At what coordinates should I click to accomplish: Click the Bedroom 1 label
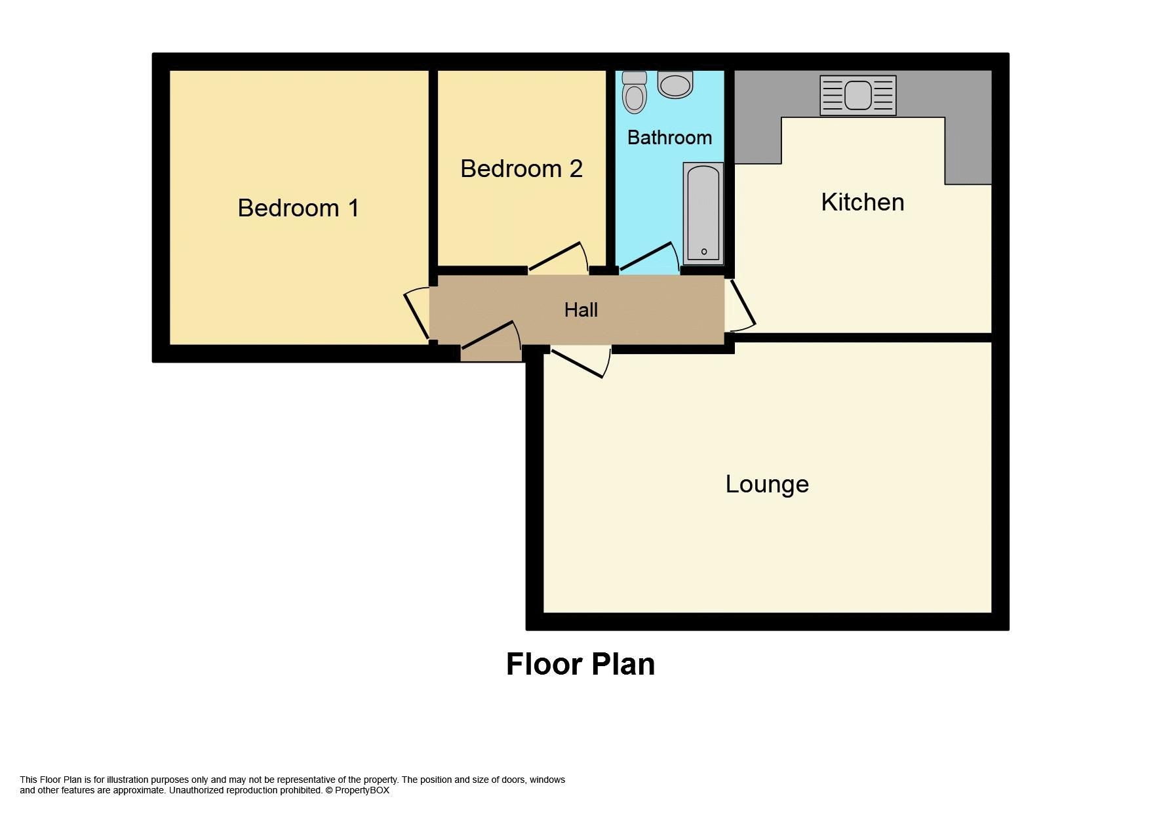[x=298, y=208]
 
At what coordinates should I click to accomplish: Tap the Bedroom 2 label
[x=521, y=169]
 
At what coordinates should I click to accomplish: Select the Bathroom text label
[x=669, y=138]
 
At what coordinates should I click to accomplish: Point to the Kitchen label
[x=862, y=202]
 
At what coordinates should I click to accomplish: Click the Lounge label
[x=766, y=484]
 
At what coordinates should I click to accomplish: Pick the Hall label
[x=581, y=309]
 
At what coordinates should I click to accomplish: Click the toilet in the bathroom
[x=634, y=93]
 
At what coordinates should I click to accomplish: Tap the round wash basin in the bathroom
[x=675, y=85]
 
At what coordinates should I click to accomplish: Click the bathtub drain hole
[x=704, y=252]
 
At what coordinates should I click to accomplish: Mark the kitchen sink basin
[x=857, y=96]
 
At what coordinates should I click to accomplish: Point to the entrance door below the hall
[x=489, y=334]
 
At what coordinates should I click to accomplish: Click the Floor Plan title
[x=580, y=664]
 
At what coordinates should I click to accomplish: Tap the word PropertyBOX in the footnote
[x=362, y=790]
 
